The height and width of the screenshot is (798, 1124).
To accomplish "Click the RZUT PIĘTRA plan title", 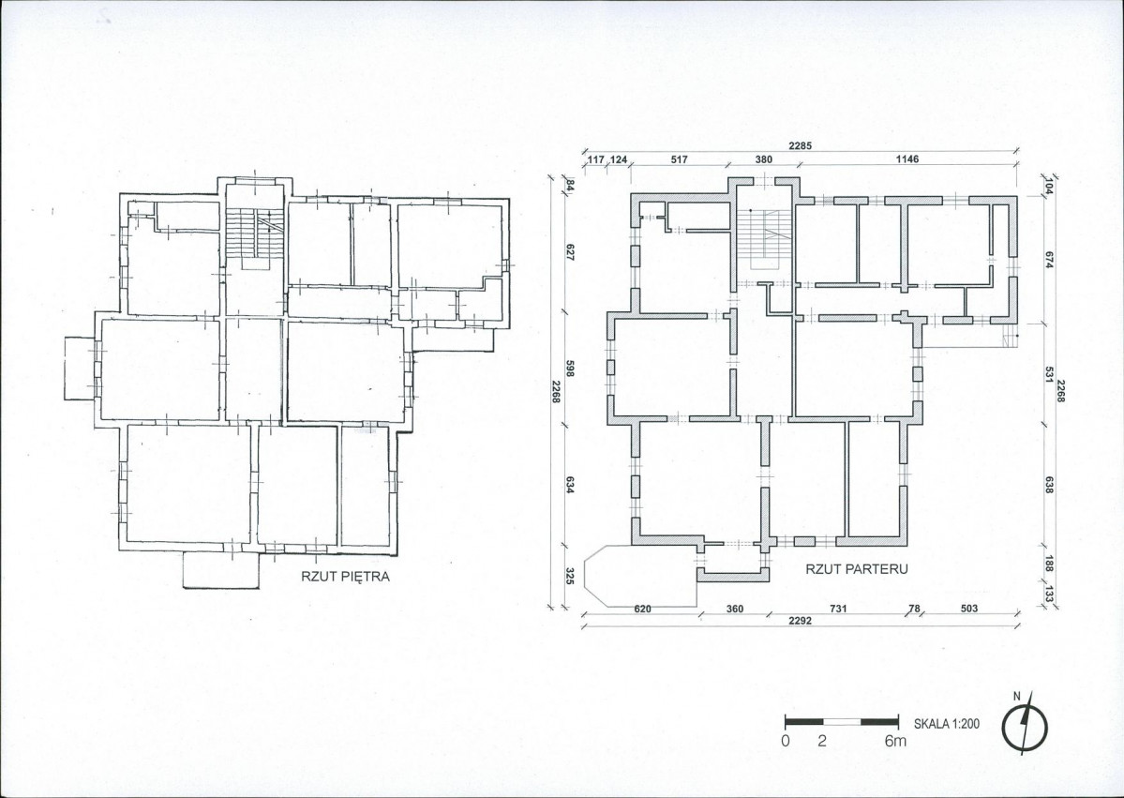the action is pos(346,577).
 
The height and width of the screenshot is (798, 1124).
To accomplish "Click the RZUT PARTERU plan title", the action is pos(857,569).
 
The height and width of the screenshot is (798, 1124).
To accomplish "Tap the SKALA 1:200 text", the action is pos(946,724).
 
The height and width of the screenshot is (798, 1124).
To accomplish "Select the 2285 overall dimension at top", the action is pos(800,145).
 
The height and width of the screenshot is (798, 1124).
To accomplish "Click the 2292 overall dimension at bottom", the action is pos(800,621).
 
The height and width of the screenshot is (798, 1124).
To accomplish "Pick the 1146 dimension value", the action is pos(907,159).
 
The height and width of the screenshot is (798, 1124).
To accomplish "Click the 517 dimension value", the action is pos(679,159).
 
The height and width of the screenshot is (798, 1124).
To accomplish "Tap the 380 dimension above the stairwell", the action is pos(763,159).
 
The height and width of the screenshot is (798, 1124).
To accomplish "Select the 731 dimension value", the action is pos(838,609).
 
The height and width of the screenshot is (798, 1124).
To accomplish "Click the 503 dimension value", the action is pos(968,609).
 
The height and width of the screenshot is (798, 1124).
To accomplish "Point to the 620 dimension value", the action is pos(643,609).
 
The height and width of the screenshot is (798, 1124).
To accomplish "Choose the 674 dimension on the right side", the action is pos(1049,260).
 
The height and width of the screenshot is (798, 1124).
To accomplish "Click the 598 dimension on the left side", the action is pos(571,369).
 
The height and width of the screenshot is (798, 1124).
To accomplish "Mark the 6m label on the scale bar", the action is pos(895,741).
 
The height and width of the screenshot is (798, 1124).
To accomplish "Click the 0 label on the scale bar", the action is pos(786,741).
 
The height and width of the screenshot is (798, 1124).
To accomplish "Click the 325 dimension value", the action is pos(571,577).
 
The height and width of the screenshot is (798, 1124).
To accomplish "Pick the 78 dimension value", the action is pos(914,609).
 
